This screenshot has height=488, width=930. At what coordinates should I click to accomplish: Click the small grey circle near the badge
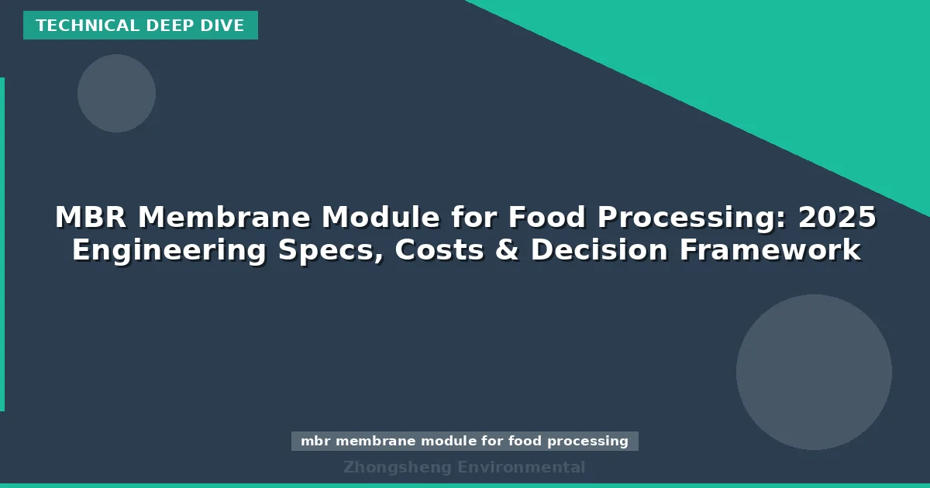(116, 93)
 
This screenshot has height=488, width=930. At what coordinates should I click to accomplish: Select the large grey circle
(814, 372)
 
